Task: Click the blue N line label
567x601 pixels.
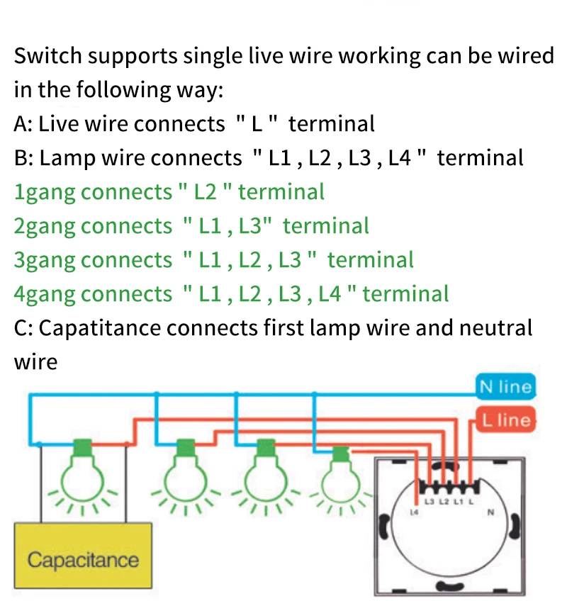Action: (505, 387)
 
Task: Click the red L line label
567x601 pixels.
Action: (505, 420)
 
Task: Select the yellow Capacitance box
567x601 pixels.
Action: (84, 559)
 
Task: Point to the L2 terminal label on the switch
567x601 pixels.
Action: (444, 502)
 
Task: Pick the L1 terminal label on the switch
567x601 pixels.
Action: (458, 502)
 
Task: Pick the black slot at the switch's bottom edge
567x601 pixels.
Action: (447, 585)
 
